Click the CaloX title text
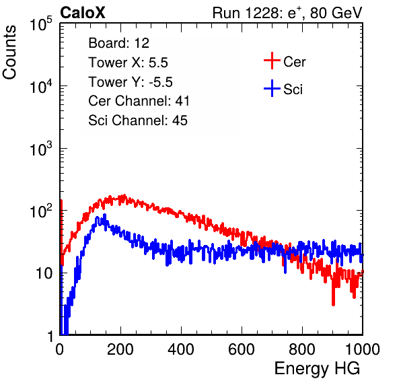click(82, 13)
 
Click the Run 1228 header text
click(287, 13)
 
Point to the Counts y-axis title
click(9, 52)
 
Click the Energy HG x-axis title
click(317, 369)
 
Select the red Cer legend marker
click(272, 61)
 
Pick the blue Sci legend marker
click(272, 88)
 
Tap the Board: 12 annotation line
click(118, 43)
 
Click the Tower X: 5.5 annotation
click(128, 63)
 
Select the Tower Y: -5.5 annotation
click(131, 82)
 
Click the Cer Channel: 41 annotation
click(139, 101)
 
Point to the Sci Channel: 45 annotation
click(138, 120)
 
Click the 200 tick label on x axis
click(120, 349)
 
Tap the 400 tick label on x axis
click(181, 349)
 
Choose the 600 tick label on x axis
click(242, 349)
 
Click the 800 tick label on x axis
click(302, 349)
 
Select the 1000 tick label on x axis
click(363, 349)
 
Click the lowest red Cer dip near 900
click(333, 304)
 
